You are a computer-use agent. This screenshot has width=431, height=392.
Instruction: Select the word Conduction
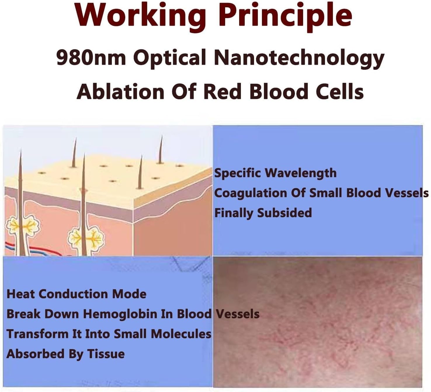click(x=74, y=294)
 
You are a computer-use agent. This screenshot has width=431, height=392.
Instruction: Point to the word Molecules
click(x=181, y=334)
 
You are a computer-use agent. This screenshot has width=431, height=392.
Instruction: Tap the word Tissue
click(x=106, y=354)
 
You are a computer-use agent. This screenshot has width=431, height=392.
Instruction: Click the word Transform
click(x=38, y=334)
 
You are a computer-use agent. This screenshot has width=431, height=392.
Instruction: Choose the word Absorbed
click(x=35, y=354)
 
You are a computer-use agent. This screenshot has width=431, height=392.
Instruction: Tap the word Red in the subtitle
click(x=223, y=91)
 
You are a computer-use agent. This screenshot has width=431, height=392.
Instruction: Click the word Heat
click(x=20, y=294)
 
